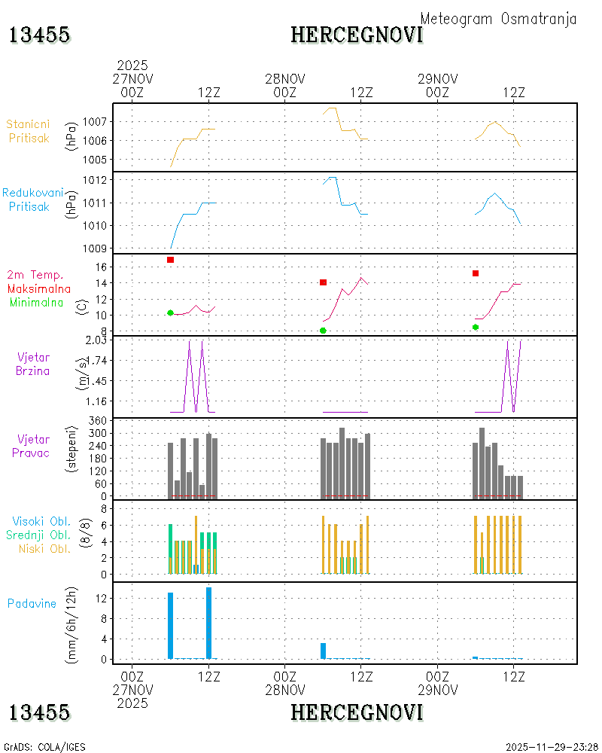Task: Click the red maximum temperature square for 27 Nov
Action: point(170,260)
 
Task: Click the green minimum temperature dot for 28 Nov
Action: point(323,331)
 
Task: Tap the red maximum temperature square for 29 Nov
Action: point(476,273)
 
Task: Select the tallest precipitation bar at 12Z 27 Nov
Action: point(209,623)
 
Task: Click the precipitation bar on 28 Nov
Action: point(323,651)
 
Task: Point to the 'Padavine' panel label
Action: point(32,604)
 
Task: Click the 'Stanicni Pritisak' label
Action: point(29,131)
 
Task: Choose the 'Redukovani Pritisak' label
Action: point(32,200)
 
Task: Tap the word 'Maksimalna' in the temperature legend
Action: point(39,289)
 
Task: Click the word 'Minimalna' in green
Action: point(36,303)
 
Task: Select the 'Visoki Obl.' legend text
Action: point(41,522)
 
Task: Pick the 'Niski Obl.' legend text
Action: point(44,549)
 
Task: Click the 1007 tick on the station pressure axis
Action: point(94,121)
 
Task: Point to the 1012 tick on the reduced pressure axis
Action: point(94,180)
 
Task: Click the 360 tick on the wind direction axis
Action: point(98,421)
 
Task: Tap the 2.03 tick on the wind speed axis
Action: point(96,340)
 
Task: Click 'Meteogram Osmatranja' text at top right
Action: point(498,19)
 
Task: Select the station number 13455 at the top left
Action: point(39,35)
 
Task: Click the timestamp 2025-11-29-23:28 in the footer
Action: point(552,747)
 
